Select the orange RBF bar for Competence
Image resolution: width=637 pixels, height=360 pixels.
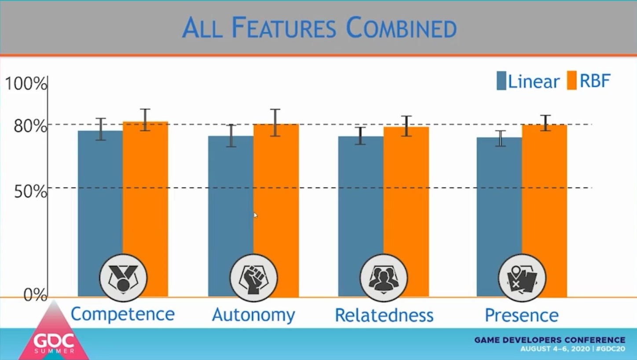(145, 209)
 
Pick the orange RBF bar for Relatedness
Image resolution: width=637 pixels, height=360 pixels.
(406, 212)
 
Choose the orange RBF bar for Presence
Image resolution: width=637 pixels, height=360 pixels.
(544, 211)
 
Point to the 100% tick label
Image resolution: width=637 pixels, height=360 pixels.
(26, 84)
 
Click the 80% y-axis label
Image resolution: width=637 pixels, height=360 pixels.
(30, 126)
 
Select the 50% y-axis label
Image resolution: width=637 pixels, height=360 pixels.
(30, 191)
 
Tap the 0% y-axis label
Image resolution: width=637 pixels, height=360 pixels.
(35, 295)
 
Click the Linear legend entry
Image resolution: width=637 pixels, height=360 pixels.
(528, 81)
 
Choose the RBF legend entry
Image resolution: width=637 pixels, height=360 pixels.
(589, 81)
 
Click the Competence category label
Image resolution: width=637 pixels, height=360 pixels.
(123, 314)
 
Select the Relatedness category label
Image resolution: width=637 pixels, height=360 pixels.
(384, 315)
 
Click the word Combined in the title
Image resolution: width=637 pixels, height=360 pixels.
(401, 28)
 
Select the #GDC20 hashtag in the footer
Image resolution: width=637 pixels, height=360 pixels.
(611, 349)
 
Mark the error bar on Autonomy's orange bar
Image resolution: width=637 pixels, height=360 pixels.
(275, 123)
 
